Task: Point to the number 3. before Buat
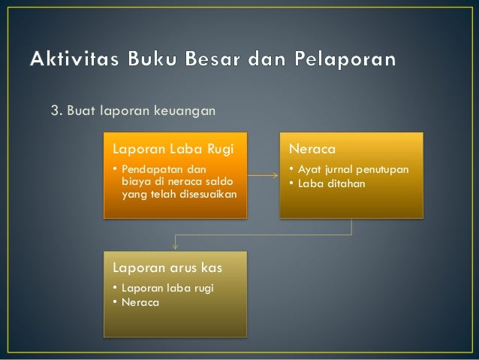coord(56,112)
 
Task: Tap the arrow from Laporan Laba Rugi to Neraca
coord(263,176)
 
